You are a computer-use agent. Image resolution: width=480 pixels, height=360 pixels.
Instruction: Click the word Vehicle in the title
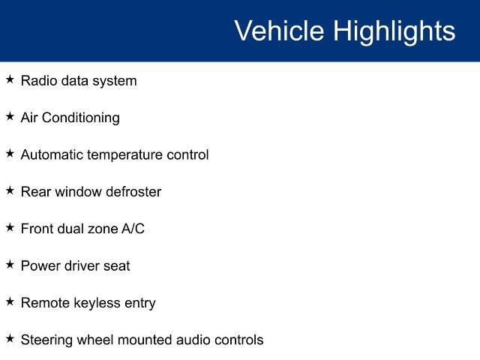pyautogui.click(x=279, y=31)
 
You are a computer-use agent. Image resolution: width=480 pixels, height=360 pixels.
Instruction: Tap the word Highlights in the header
pyautogui.click(x=394, y=32)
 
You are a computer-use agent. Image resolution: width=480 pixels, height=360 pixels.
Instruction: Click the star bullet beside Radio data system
pyautogui.click(x=10, y=79)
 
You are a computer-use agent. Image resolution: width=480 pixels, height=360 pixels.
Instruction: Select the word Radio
pyautogui.click(x=39, y=81)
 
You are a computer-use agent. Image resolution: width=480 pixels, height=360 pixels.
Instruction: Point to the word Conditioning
pyautogui.click(x=81, y=118)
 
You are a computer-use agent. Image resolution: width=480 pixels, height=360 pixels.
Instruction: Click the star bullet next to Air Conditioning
pyautogui.click(x=10, y=116)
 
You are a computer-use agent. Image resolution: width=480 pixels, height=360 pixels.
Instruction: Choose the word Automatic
pyautogui.click(x=52, y=154)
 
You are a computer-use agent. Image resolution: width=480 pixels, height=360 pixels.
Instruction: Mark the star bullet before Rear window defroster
pyautogui.click(x=10, y=190)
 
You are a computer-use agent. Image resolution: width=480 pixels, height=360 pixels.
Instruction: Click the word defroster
pyautogui.click(x=133, y=192)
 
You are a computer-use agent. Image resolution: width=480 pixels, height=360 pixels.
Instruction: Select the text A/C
pyautogui.click(x=133, y=229)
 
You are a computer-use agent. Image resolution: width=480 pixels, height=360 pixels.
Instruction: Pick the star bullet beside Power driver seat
pyautogui.click(x=10, y=265)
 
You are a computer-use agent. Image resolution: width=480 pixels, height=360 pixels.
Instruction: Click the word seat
pyautogui.click(x=117, y=266)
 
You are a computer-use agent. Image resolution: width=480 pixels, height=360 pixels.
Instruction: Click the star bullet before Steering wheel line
pyautogui.click(x=10, y=338)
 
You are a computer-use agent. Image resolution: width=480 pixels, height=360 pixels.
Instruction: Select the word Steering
pyautogui.click(x=46, y=340)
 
